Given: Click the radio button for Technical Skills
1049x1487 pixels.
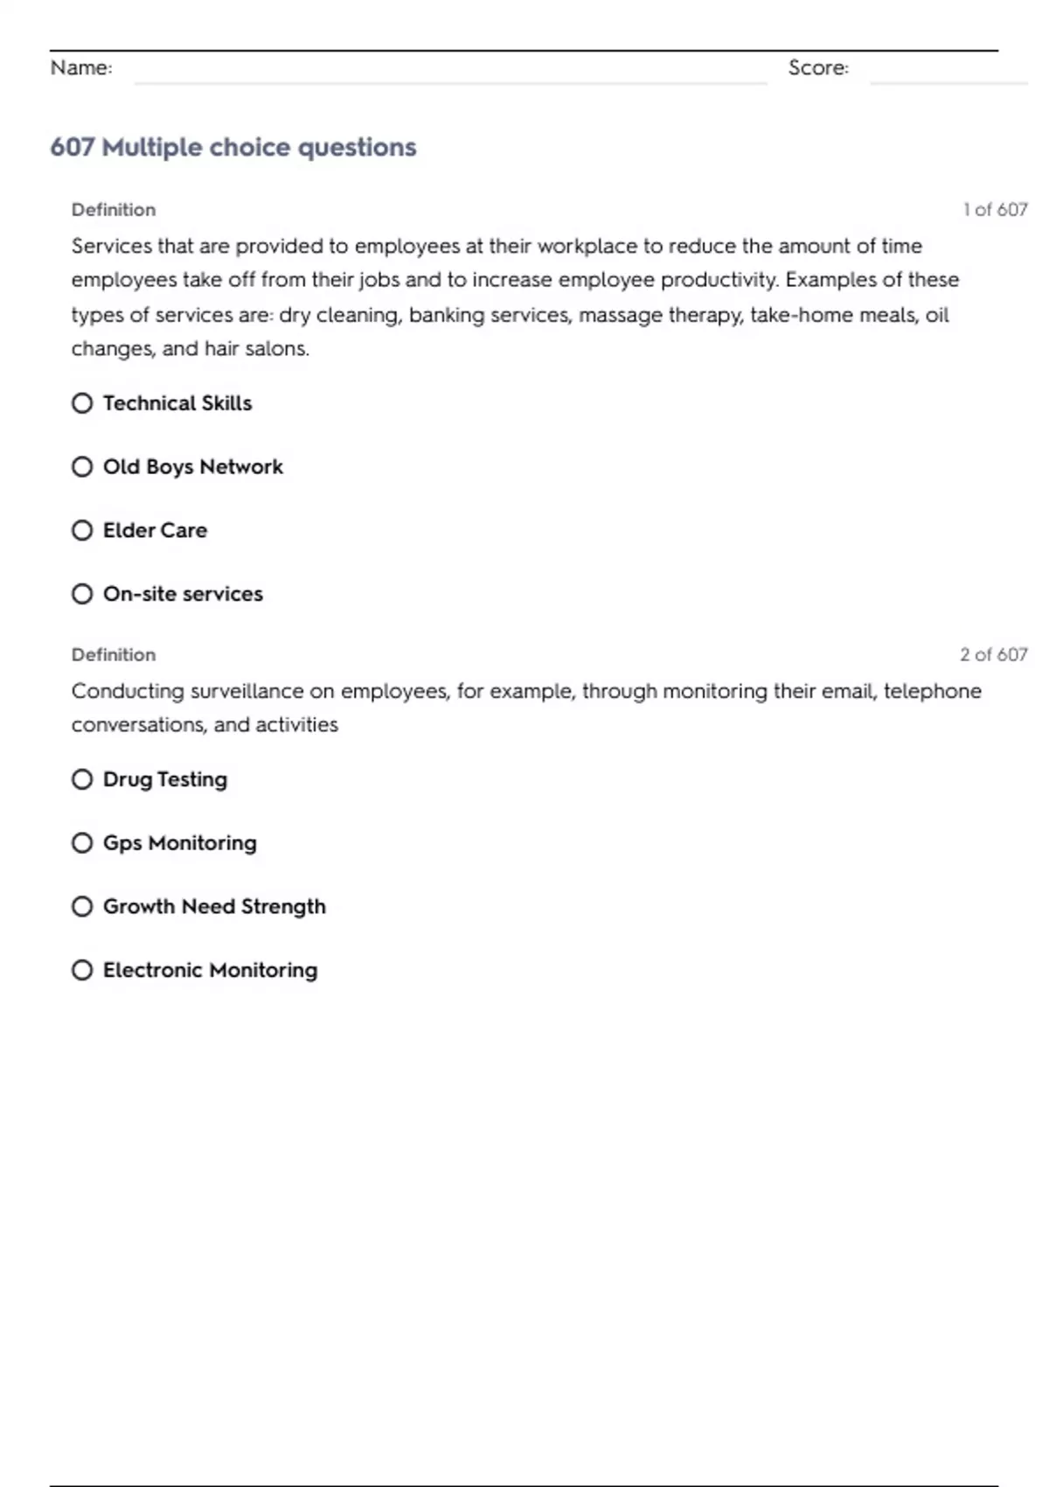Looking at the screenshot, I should coord(82,403).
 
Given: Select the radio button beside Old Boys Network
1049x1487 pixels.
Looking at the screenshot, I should coord(82,467).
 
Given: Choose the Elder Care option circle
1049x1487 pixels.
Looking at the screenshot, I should coord(82,531).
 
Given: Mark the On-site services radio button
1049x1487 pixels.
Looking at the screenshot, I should coord(82,594).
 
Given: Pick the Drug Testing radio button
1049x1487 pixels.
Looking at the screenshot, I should coord(82,779).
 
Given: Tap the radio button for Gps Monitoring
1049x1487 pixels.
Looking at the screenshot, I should coord(82,843).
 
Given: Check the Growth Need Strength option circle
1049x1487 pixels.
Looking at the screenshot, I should coord(82,906).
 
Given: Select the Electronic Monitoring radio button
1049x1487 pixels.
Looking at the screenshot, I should coord(82,970).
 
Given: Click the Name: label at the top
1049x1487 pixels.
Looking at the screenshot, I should coord(81,68).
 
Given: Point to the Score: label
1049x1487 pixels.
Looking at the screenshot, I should coord(818,68).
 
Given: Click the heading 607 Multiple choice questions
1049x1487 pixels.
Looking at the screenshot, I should coord(233,147).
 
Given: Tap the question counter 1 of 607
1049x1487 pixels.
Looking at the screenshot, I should coord(995,210).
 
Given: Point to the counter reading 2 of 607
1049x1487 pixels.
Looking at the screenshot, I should coord(993,654).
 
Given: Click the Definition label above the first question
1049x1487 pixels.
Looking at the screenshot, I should coord(114,210).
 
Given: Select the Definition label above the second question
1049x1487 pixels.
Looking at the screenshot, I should coord(114,654).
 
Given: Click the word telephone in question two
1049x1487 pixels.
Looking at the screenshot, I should coord(932,691).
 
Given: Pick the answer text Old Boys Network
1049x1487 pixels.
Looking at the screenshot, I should coord(193,467).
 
